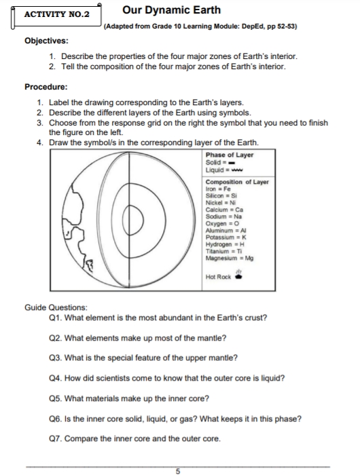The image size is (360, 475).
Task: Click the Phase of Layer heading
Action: tap(229, 155)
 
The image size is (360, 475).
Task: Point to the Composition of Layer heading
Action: tap(237, 183)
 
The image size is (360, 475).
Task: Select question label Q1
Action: tap(56, 317)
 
